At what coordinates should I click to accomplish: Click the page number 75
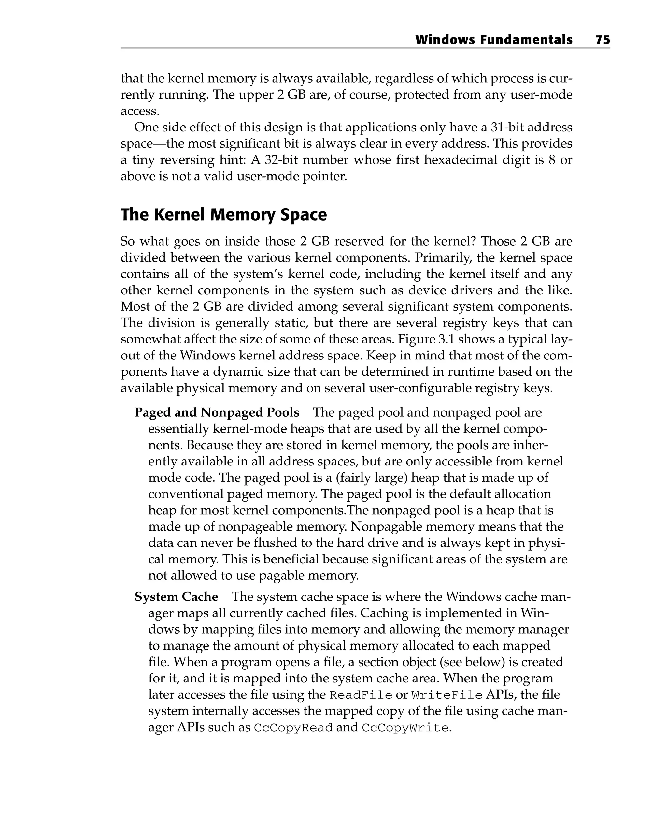point(602,40)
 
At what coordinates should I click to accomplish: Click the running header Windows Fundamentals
point(493,40)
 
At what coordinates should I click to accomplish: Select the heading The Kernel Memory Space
point(223,215)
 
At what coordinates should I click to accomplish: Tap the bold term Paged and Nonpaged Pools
point(217,412)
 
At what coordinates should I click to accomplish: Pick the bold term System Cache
point(176,597)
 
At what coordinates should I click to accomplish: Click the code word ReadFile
point(360,695)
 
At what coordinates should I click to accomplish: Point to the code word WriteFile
point(447,695)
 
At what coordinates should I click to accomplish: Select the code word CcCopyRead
point(293,728)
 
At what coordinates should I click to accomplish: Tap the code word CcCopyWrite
point(405,728)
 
